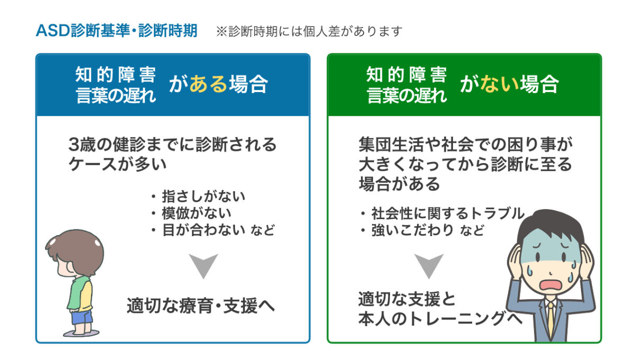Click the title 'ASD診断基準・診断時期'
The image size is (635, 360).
point(116,31)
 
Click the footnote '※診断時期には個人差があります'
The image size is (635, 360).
point(309,31)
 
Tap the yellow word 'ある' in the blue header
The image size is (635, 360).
point(208,84)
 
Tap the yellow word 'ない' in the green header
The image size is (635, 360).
point(500,84)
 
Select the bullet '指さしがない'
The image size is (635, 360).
point(204,196)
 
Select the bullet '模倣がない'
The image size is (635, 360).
point(196,213)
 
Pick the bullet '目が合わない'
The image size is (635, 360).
point(204,230)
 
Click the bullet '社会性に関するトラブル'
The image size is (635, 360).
point(448,213)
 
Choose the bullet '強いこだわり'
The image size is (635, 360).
point(413,230)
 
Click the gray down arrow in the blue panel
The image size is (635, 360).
point(204,264)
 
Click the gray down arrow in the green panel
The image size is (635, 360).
point(429,264)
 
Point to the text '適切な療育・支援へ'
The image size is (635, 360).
point(201,306)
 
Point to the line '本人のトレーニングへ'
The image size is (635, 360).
point(440,319)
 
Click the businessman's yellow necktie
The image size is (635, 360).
point(550,321)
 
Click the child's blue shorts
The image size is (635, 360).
point(82,317)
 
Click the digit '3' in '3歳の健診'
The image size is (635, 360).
point(74,145)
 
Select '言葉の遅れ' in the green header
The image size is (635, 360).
point(407,95)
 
